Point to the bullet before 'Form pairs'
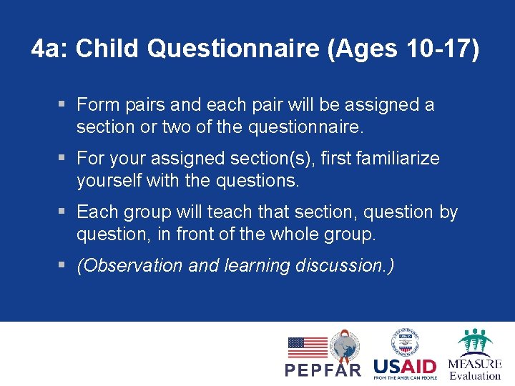point(62,105)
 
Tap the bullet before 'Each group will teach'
point(62,212)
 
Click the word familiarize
point(400,158)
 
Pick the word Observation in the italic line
point(135,266)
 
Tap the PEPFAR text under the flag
point(323,370)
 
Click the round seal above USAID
point(405,341)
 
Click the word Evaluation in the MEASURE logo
point(475,375)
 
